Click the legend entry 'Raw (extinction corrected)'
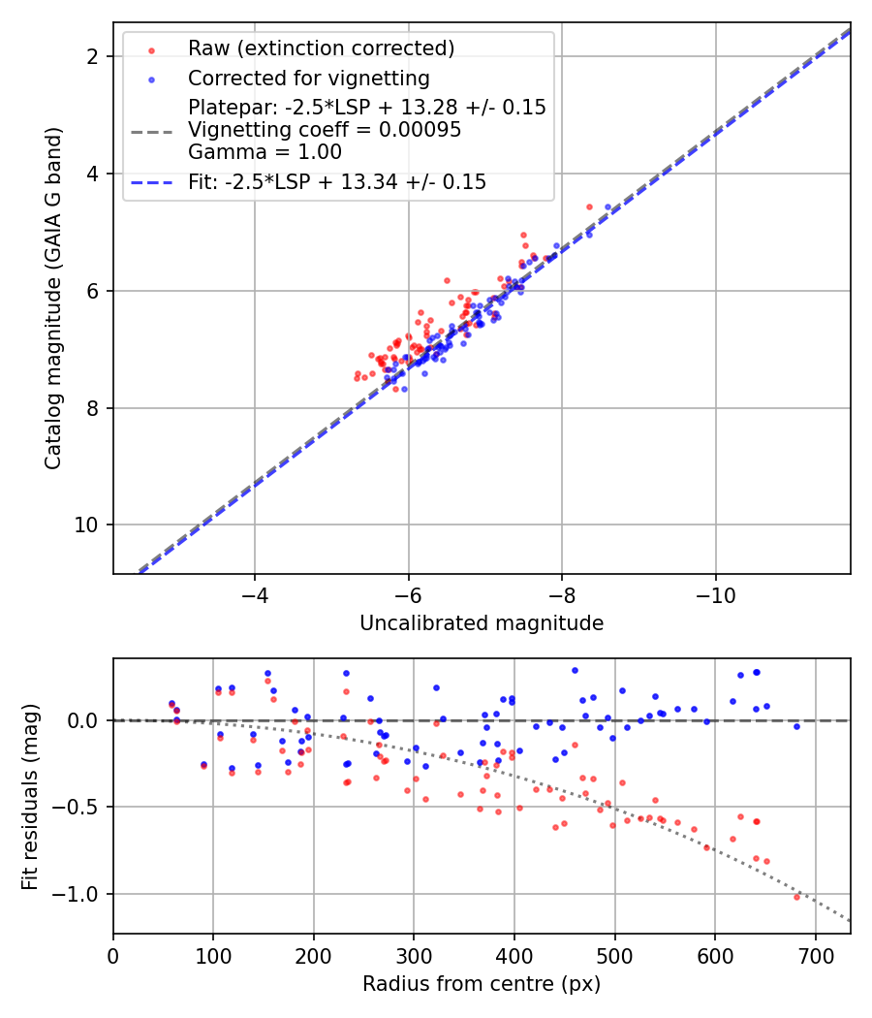[321, 48]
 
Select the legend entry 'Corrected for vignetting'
[308, 78]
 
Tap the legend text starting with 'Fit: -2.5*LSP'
[337, 181]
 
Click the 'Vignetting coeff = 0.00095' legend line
[325, 130]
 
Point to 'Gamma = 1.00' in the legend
[265, 151]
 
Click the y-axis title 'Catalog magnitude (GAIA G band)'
[53, 298]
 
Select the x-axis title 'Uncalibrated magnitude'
[482, 623]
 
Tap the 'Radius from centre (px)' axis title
[482, 984]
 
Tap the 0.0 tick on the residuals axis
[85, 720]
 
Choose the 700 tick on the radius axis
[815, 954]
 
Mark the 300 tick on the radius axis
[414, 954]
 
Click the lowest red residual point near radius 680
[796, 897]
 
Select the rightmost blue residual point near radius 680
[796, 726]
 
